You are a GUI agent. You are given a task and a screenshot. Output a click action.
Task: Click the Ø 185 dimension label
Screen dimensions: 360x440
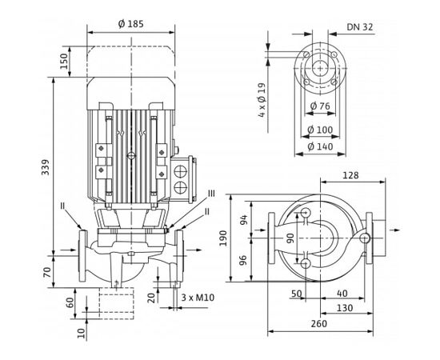[x=131, y=25]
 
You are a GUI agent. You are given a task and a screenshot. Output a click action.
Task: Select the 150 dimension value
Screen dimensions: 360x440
[x=63, y=62]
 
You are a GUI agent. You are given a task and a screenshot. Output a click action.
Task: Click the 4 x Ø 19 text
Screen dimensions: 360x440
[x=261, y=98]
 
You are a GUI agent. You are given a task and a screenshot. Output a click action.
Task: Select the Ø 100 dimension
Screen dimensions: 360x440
[x=322, y=130]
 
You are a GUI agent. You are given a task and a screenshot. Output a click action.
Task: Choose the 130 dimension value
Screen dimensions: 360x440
[x=345, y=308]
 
